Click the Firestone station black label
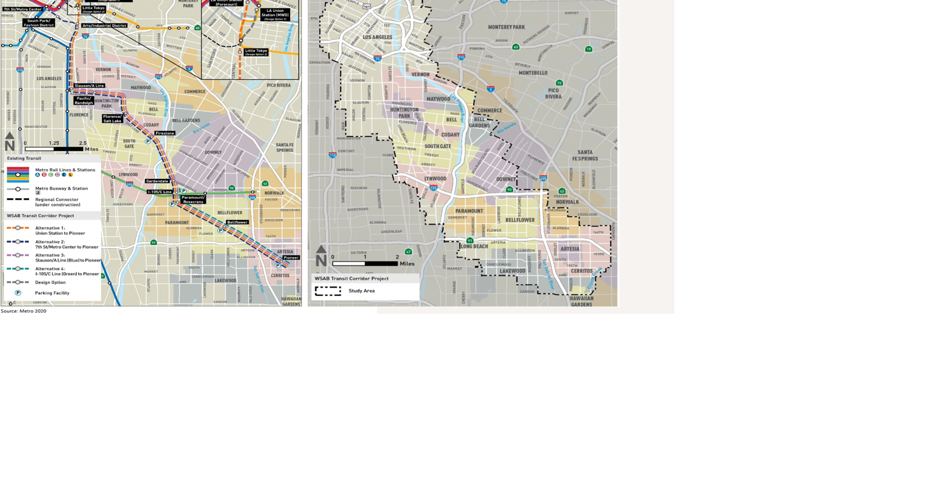[165, 133]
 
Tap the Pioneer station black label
[291, 258]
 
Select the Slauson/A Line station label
[89, 85]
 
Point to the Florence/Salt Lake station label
[112, 119]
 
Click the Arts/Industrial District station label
[105, 25]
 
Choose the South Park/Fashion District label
[39, 23]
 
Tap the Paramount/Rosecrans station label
[193, 200]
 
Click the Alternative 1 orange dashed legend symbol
[18, 228]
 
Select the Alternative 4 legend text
[67, 271]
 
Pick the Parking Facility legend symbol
[18, 293]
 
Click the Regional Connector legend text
[57, 202]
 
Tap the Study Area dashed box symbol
[328, 291]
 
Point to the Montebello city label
[533, 73]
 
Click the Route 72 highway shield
[559, 83]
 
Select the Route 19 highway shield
[588, 49]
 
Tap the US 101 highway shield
[366, 7]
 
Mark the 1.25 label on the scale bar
[54, 143]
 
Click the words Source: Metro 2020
[24, 311]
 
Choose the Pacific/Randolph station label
[84, 101]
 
